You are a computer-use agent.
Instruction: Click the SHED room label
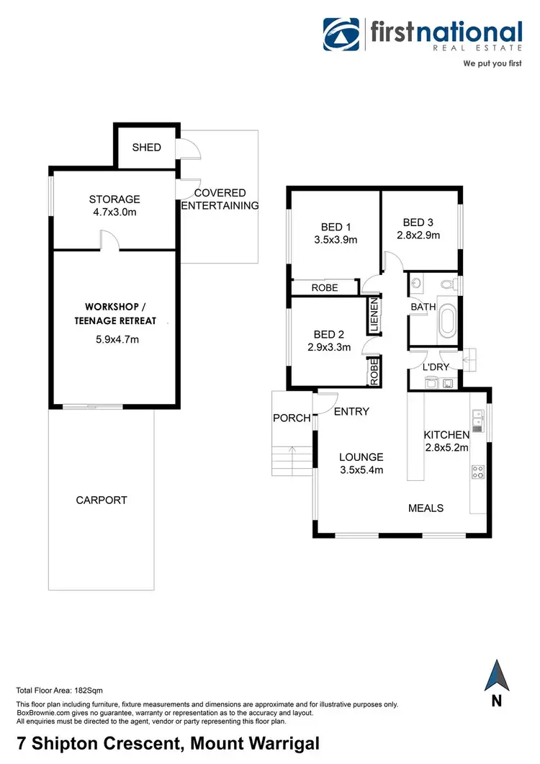pos(146,148)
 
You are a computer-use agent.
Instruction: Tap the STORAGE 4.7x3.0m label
pos(114,205)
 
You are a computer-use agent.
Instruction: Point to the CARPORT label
pos(101,500)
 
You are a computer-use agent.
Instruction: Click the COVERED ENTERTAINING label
pos(220,199)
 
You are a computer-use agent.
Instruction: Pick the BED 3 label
pos(418,228)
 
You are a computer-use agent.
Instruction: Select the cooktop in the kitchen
pos(477,472)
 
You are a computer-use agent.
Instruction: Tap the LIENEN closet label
pos(374,315)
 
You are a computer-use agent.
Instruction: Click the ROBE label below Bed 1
pos(325,288)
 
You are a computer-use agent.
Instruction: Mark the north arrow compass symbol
pos(497,676)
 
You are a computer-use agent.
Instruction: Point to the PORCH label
pos(292,418)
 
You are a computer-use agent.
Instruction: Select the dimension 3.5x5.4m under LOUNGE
pos(361,470)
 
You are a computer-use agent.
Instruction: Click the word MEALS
pos(426,508)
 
